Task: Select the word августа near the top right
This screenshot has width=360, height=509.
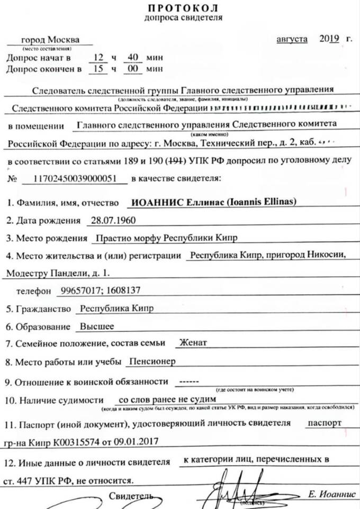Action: [x=292, y=40]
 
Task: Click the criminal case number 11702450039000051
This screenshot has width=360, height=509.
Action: [x=75, y=178]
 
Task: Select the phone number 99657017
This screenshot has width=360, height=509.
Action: [x=79, y=290]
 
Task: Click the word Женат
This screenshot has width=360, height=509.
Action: [x=193, y=343]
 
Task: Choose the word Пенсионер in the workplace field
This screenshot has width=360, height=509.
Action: [x=152, y=361]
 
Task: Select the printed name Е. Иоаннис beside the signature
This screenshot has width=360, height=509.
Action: [x=329, y=494]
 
